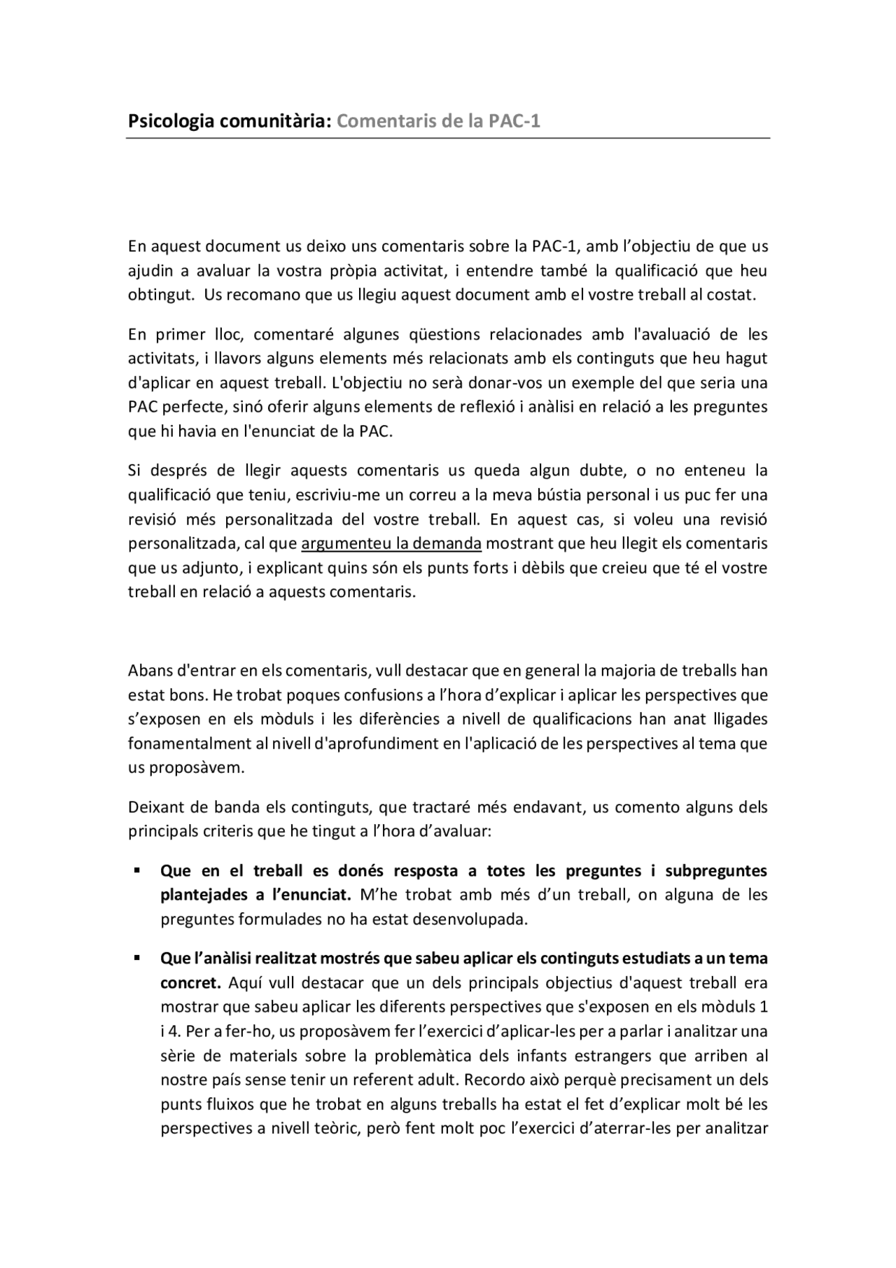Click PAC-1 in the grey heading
tap(514, 122)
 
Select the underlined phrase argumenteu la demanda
tap(391, 543)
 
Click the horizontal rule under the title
tap(448, 139)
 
